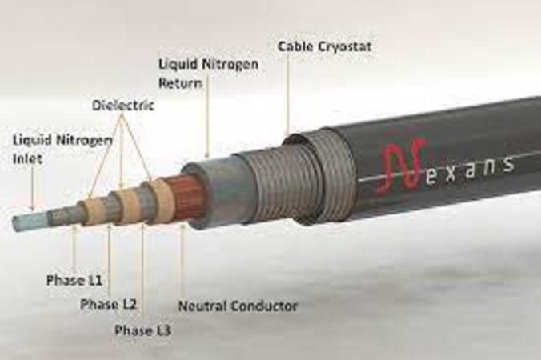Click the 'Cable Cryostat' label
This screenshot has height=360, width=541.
pyautogui.click(x=324, y=46)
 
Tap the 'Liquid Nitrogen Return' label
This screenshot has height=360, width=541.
pyautogui.click(x=208, y=74)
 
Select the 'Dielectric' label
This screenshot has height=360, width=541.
pyautogui.click(x=122, y=105)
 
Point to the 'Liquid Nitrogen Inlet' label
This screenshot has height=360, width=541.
pyautogui.click(x=62, y=150)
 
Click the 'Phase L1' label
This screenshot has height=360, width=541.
pyautogui.click(x=74, y=280)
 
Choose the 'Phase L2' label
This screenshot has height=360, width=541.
pyautogui.click(x=108, y=304)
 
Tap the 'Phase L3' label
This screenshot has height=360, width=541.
pyautogui.click(x=142, y=330)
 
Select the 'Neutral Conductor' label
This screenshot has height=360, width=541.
pyautogui.click(x=238, y=306)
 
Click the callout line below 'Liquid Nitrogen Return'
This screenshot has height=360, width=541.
pyautogui.click(x=208, y=122)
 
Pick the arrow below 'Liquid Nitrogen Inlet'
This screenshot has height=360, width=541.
pyautogui.click(x=33, y=188)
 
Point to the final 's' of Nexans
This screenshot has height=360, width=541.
pyautogui.click(x=506, y=164)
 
